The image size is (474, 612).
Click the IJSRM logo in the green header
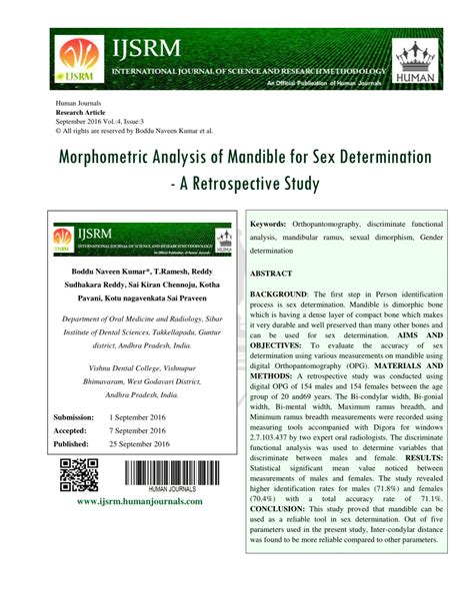click(x=75, y=61)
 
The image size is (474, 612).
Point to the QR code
click(x=79, y=474)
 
